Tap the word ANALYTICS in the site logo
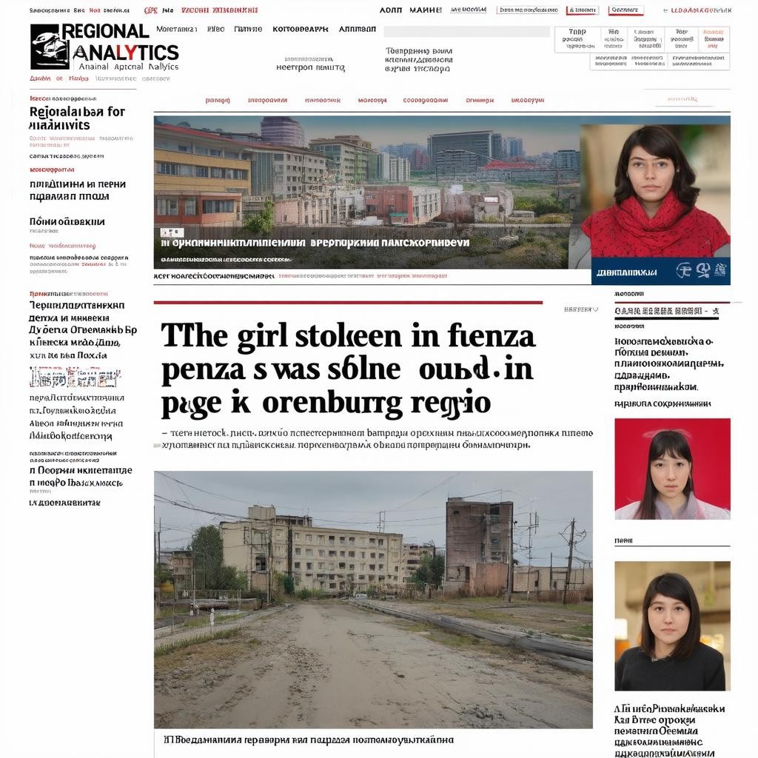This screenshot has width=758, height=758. point(125,52)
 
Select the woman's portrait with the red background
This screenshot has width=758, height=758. point(672,468)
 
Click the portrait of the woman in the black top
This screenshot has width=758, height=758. point(672,625)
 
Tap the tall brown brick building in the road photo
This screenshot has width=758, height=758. point(478,543)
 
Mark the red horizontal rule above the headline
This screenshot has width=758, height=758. point(348,303)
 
